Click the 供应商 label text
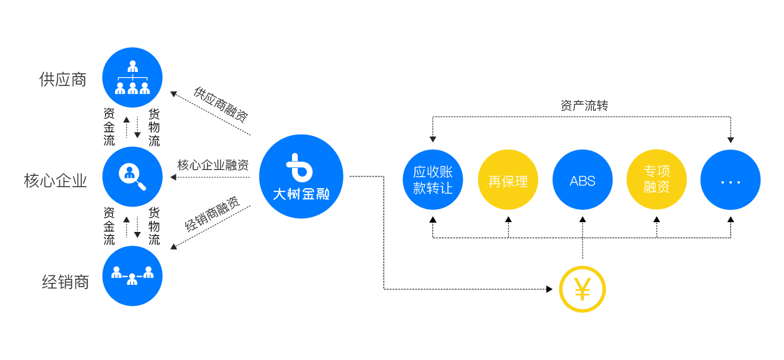[63, 80]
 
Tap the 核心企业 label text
[56, 180]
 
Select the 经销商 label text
[65, 282]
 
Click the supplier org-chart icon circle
[133, 78]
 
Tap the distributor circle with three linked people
[133, 276]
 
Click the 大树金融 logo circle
[301, 176]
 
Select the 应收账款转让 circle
[433, 180]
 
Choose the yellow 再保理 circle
[508, 180]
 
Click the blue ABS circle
[582, 180]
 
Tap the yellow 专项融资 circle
[657, 180]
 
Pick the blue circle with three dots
[730, 180]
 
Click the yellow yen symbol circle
[582, 289]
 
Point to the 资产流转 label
[584, 106]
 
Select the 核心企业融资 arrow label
[213, 165]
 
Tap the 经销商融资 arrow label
[212, 214]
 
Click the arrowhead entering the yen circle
[549, 289]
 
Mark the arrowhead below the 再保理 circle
[508, 219]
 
